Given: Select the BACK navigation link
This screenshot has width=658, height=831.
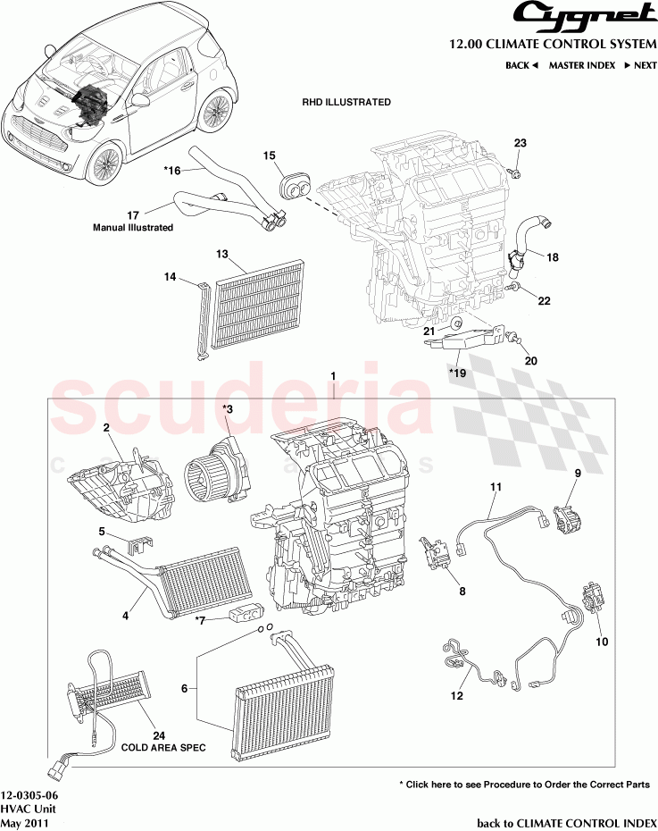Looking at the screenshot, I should (521, 65).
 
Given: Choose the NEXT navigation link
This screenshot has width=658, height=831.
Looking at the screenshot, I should (640, 65).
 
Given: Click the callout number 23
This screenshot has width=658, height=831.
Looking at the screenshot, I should (521, 144).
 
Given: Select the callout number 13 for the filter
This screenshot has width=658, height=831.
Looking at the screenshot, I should (223, 255).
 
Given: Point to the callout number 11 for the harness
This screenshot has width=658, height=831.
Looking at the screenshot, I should (496, 487).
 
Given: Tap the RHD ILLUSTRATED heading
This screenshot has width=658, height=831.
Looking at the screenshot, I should (346, 103).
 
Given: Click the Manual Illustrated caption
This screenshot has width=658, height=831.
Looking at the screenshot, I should (133, 228).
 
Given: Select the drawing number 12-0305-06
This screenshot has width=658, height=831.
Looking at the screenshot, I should (30, 794).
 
